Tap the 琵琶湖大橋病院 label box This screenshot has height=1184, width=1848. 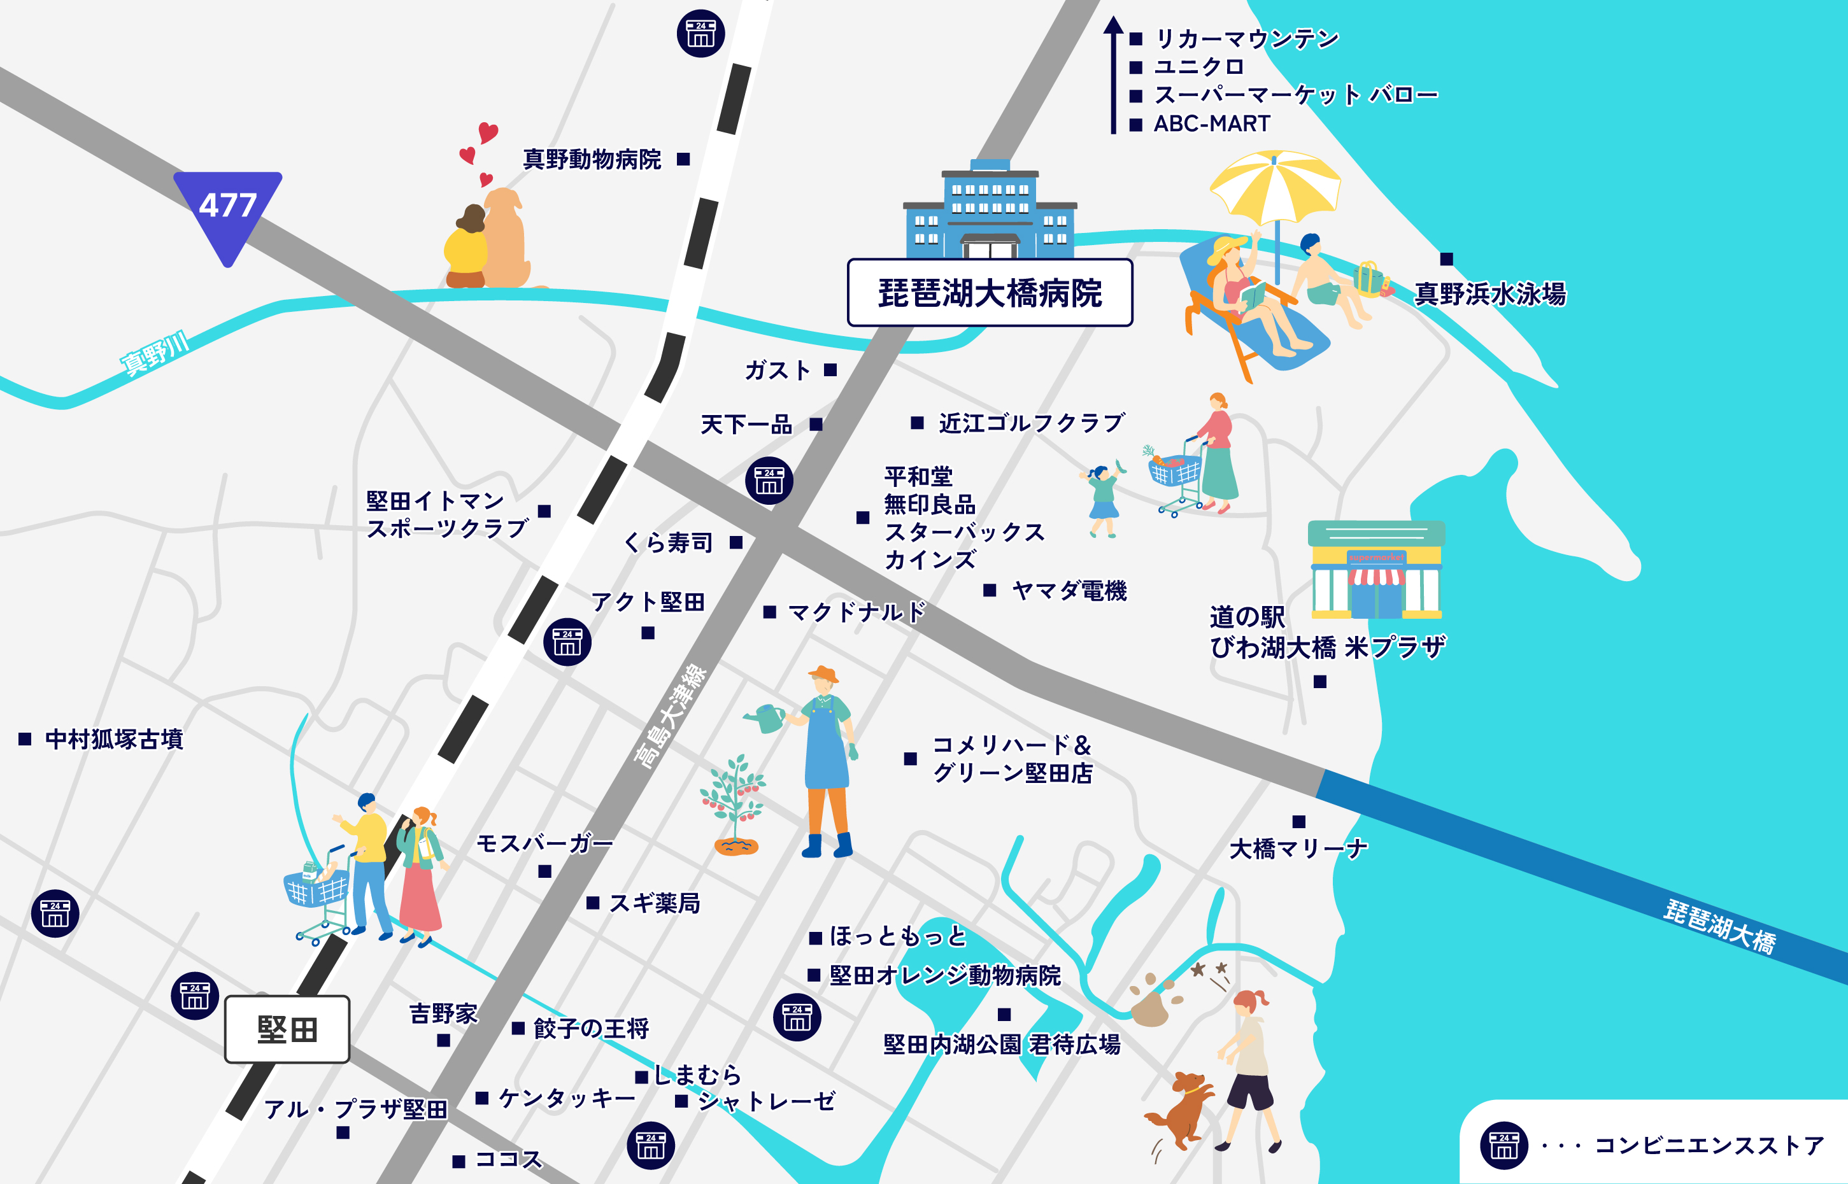click(990, 293)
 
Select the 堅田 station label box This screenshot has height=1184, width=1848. click(287, 1029)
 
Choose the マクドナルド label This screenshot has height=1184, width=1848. click(856, 612)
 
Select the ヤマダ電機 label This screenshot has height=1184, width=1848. click(1069, 591)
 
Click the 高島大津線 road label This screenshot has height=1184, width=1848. click(670, 715)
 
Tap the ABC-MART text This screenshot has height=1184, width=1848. click(1211, 123)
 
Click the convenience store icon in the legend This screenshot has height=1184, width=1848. click(1503, 1146)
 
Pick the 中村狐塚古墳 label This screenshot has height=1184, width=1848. click(114, 739)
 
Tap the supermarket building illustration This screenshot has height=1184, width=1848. click(1375, 570)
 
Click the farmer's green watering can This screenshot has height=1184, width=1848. click(766, 718)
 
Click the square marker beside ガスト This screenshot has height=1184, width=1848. click(830, 370)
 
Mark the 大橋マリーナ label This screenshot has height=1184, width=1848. click(1298, 849)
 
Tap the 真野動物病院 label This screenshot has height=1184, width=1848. click(592, 159)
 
